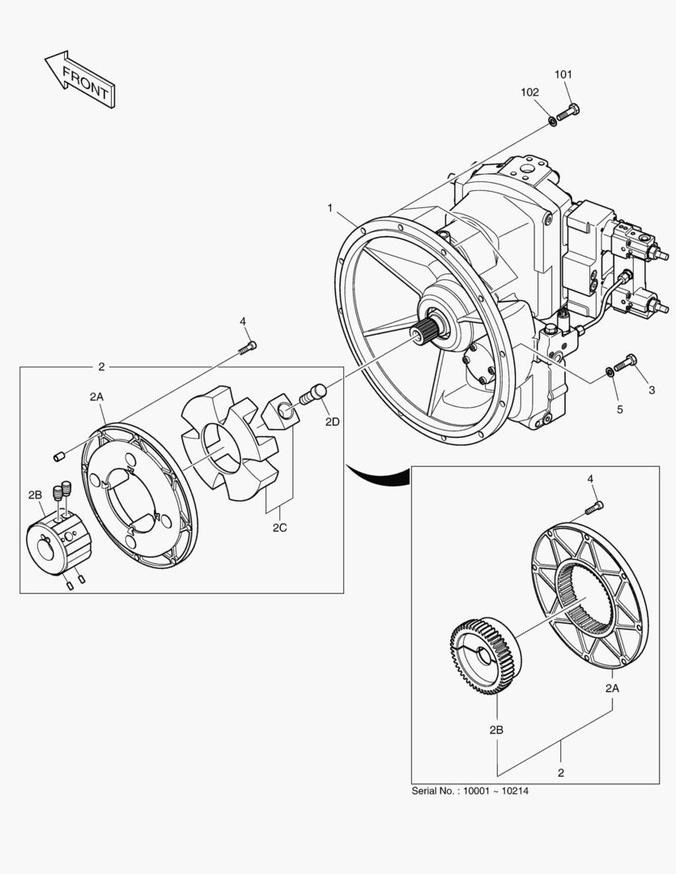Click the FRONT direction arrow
79,78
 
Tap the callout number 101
563,74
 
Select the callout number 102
529,92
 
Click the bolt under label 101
569,112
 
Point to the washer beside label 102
552,121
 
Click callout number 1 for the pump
330,208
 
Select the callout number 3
650,391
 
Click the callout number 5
619,409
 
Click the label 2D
333,422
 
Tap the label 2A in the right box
612,688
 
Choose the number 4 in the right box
590,479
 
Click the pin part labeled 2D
312,395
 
